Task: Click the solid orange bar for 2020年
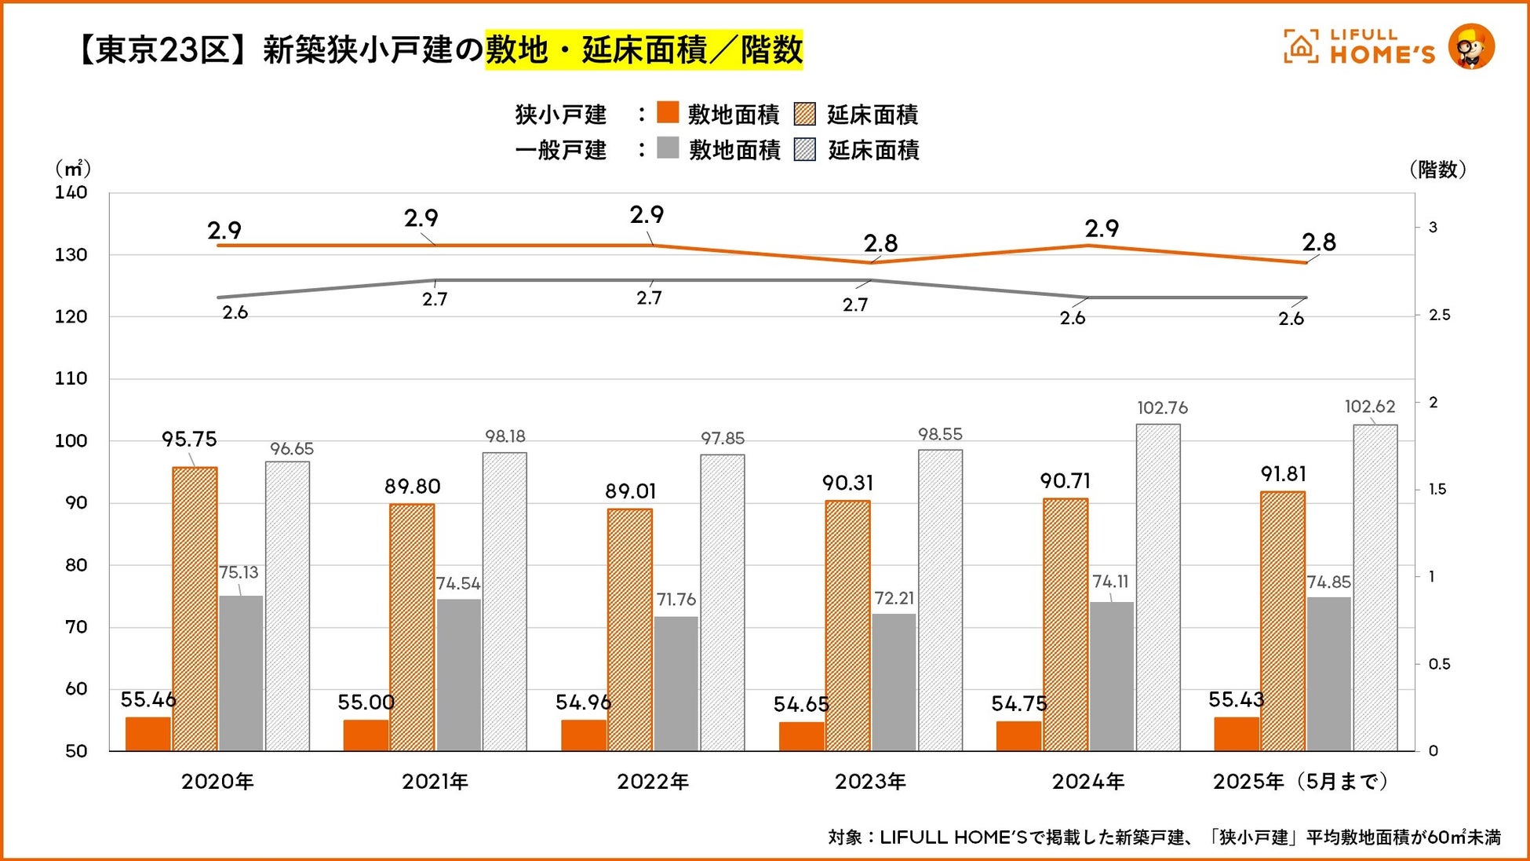(x=148, y=733)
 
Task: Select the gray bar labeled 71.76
(x=676, y=683)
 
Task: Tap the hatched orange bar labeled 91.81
(x=1283, y=620)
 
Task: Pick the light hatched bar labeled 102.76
(x=1158, y=587)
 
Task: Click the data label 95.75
(x=189, y=440)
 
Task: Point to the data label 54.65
(x=801, y=705)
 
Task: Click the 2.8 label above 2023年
(x=880, y=244)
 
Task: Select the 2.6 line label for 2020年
(x=235, y=313)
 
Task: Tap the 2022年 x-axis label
(x=653, y=782)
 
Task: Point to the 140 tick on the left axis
(x=71, y=193)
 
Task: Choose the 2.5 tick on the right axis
(x=1439, y=315)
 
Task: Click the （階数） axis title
(x=1437, y=170)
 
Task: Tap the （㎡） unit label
(x=72, y=169)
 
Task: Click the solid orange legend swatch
(x=668, y=113)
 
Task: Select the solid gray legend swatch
(x=668, y=148)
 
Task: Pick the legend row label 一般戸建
(x=560, y=150)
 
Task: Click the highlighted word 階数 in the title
(x=771, y=50)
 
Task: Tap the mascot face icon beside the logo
(x=1470, y=46)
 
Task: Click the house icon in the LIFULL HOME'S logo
(x=1300, y=46)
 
